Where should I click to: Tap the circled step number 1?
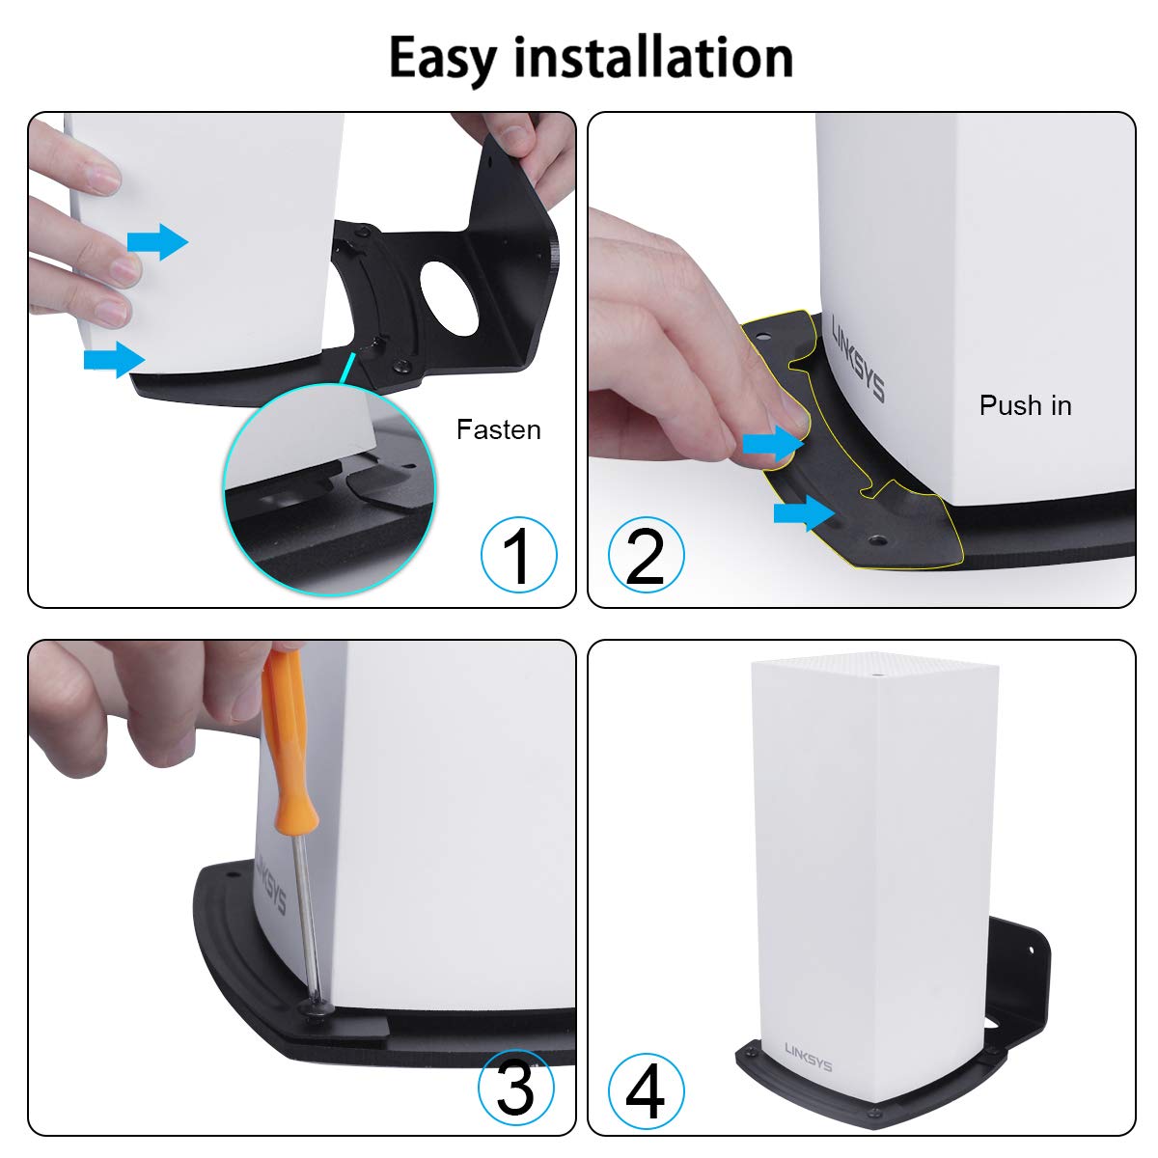(x=519, y=555)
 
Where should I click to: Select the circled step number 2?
(x=646, y=555)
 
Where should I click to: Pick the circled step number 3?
(x=516, y=1087)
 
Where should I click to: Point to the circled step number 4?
(x=646, y=1090)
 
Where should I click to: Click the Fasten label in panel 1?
(x=498, y=429)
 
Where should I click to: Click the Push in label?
(x=1025, y=405)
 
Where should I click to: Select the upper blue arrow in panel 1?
(x=157, y=241)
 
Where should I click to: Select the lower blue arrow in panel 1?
(x=113, y=358)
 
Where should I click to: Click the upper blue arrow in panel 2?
(x=773, y=444)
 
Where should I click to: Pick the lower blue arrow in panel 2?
(x=804, y=514)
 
